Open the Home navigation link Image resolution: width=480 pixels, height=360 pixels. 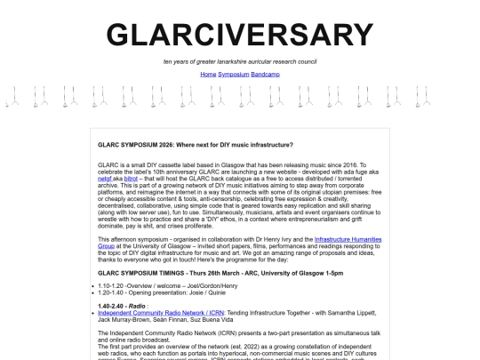tap(208, 74)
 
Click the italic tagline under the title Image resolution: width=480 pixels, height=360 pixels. tap(240, 61)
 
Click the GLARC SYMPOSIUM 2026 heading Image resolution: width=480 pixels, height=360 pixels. tap(196, 143)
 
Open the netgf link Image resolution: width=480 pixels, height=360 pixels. tap(106, 179)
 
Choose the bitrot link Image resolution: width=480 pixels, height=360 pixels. tap(131, 179)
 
